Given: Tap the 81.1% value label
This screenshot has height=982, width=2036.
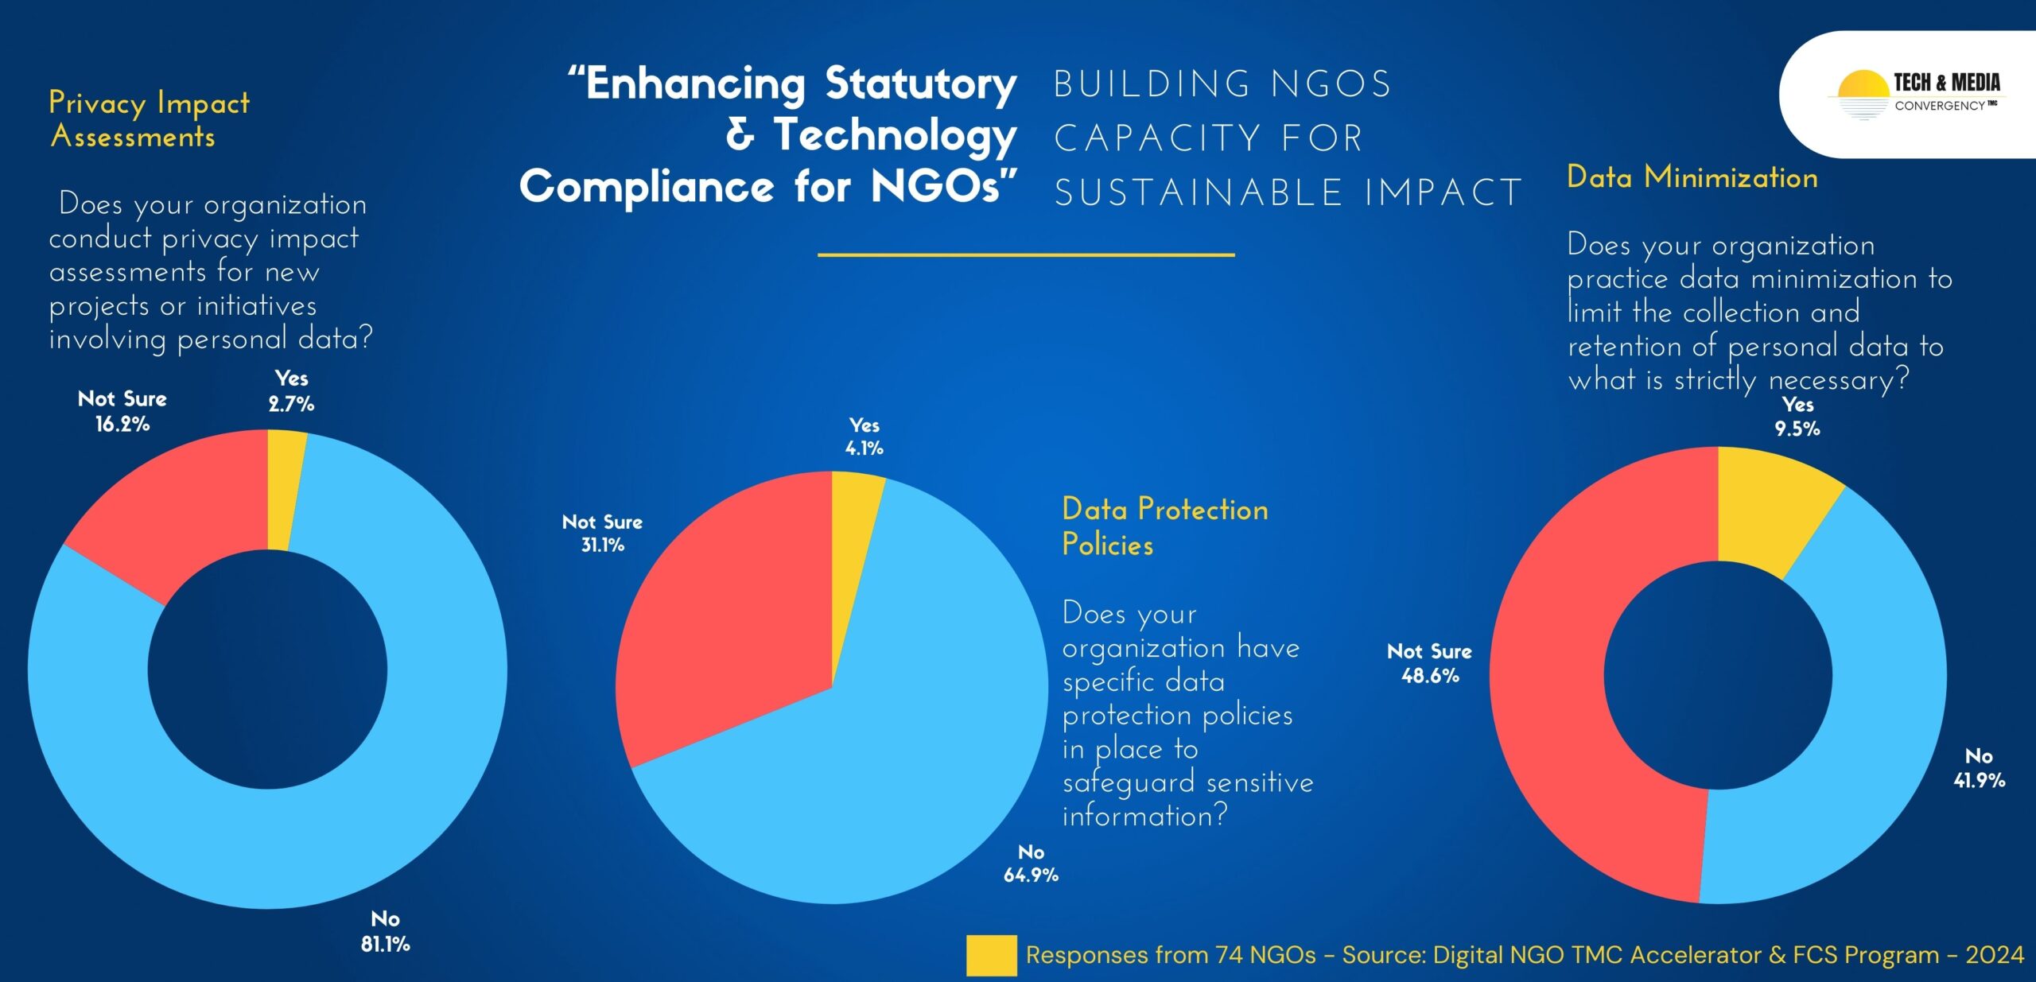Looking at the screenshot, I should (386, 944).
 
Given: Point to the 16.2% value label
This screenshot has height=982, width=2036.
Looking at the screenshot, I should (122, 424).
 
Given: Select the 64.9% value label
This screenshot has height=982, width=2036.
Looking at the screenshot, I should (1031, 875).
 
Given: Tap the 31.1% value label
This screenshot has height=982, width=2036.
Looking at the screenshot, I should (603, 545).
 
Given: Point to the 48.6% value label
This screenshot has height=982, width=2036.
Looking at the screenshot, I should (1430, 676).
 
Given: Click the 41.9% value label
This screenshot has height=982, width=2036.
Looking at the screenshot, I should (1980, 780).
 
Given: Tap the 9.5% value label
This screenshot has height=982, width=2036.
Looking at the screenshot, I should (1797, 429).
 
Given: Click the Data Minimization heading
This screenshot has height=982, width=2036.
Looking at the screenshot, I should (1692, 177).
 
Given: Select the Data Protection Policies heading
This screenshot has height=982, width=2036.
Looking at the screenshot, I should (1165, 526).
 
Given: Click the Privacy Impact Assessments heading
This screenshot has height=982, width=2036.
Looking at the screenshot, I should (149, 119).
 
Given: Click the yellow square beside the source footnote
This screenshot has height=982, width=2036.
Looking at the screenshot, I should (991, 955).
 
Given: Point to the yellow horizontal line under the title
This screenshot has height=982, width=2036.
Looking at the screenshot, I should (1026, 254).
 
